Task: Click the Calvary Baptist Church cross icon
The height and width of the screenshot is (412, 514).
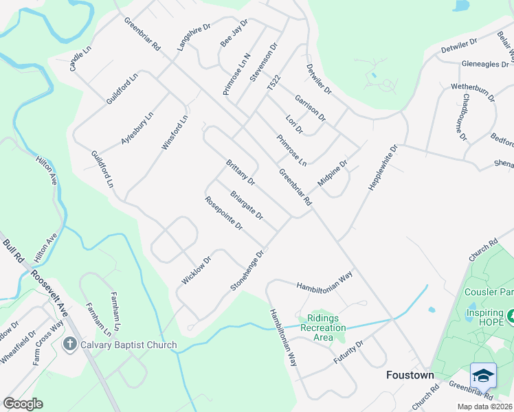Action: click(x=69, y=344)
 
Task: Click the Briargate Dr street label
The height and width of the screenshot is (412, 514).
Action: click(x=247, y=205)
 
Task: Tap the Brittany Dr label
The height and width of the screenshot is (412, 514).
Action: click(x=241, y=172)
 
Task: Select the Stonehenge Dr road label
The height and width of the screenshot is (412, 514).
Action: click(x=248, y=269)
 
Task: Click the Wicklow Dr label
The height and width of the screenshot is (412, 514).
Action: click(x=196, y=269)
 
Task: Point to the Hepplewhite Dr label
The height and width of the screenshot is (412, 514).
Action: click(x=383, y=168)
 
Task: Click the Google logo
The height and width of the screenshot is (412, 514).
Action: click(x=23, y=404)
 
